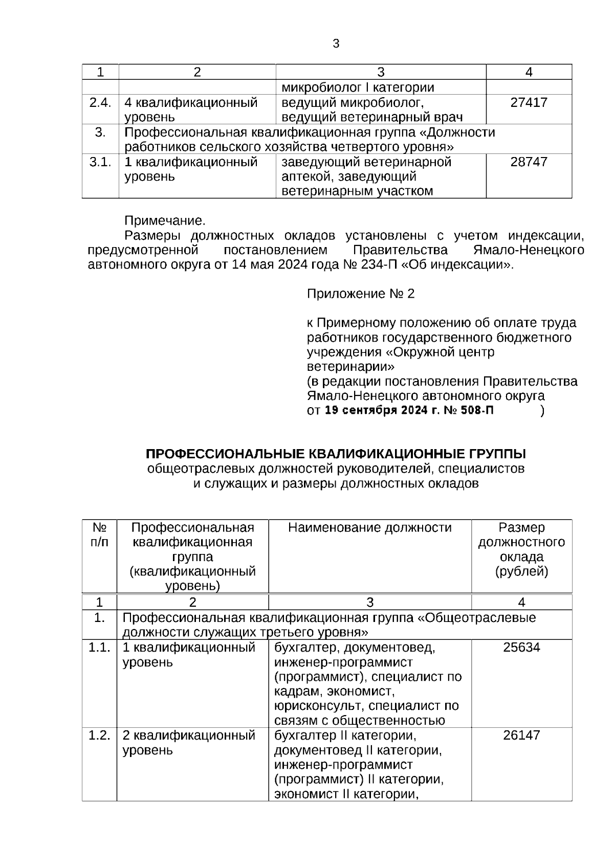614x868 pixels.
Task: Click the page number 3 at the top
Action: coord(336,44)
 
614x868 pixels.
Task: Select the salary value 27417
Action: coord(529,103)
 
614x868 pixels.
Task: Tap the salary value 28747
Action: coord(529,162)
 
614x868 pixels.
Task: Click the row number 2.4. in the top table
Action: coord(100,103)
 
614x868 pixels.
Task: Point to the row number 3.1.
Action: coord(100,162)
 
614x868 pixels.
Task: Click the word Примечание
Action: coord(165,221)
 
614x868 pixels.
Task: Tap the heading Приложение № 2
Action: coord(360,294)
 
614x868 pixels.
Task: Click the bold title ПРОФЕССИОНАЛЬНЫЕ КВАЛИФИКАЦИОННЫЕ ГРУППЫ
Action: coord(336,454)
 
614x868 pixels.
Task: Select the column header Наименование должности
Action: coord(369,528)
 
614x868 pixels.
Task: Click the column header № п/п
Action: coord(99,535)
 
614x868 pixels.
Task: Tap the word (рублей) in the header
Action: coord(521,571)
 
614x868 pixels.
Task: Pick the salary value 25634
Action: coord(521,648)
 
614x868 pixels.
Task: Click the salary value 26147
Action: coord(521,736)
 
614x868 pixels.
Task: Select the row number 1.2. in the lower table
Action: coord(99,736)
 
